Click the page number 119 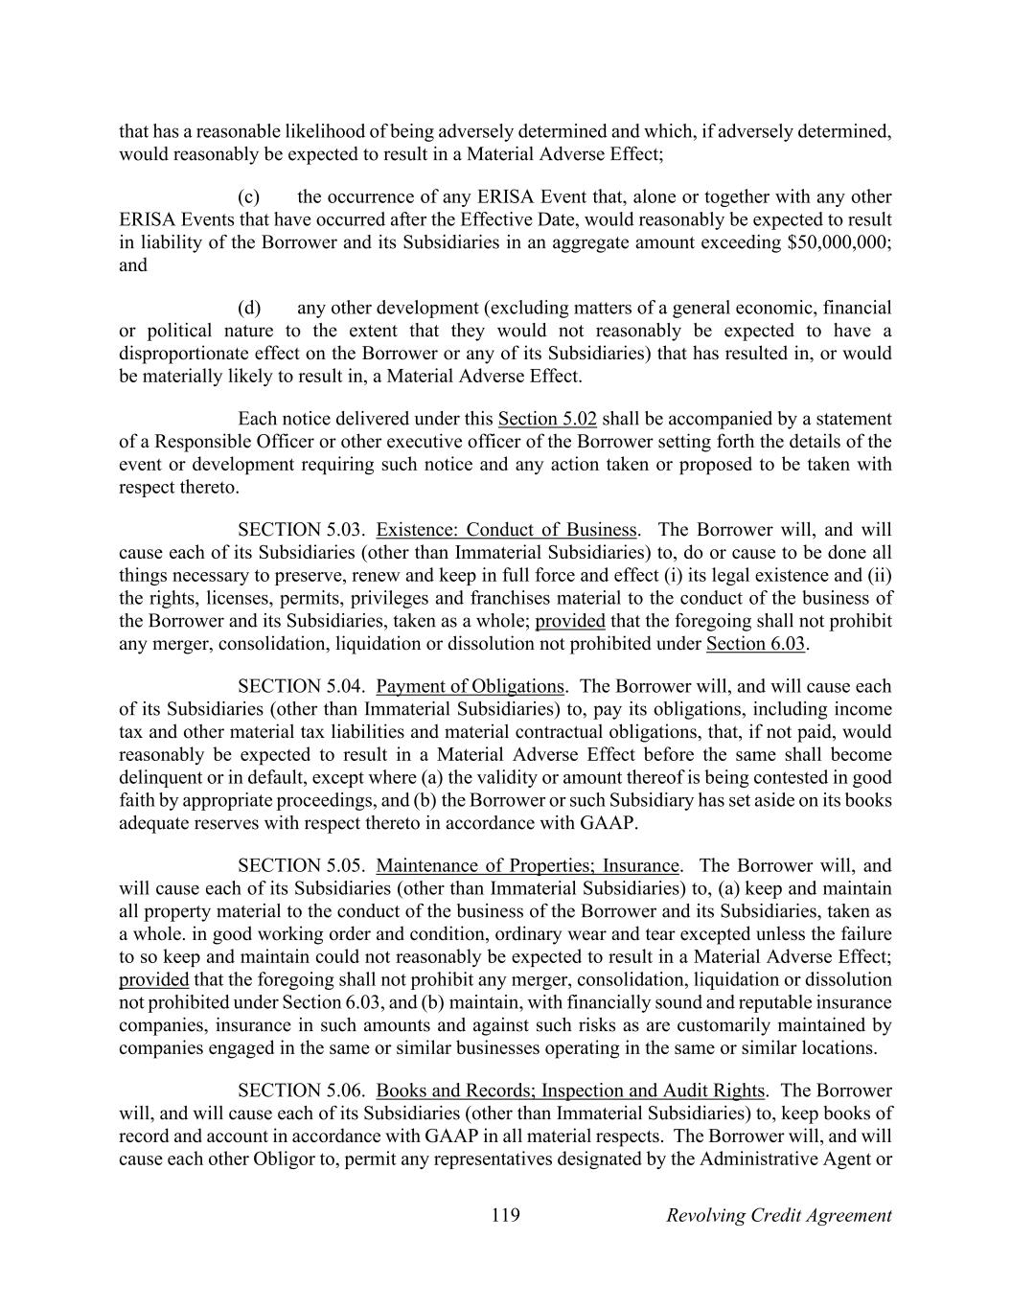[505, 1215]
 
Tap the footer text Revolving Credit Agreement [778, 1215]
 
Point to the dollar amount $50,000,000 [837, 241]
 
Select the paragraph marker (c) [249, 196]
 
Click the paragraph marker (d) [249, 308]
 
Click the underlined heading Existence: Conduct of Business [506, 530]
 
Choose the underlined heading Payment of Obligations [470, 686]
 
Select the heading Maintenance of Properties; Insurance [527, 866]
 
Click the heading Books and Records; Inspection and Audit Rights [570, 1090]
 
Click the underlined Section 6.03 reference [756, 643]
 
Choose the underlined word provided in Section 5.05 [153, 979]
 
